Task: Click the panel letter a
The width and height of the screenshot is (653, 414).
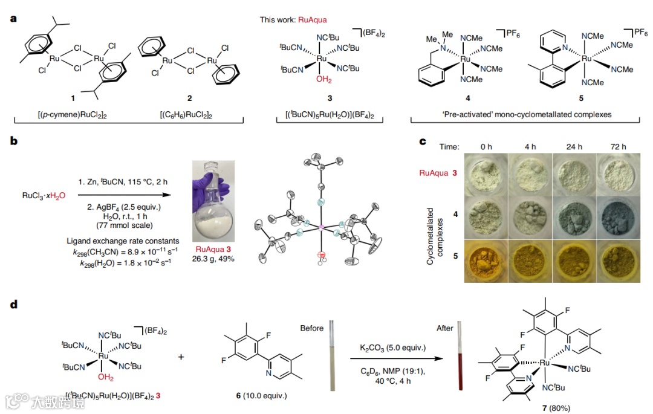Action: [x=13, y=19]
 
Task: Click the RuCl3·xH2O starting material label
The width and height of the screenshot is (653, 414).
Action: [x=44, y=195]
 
